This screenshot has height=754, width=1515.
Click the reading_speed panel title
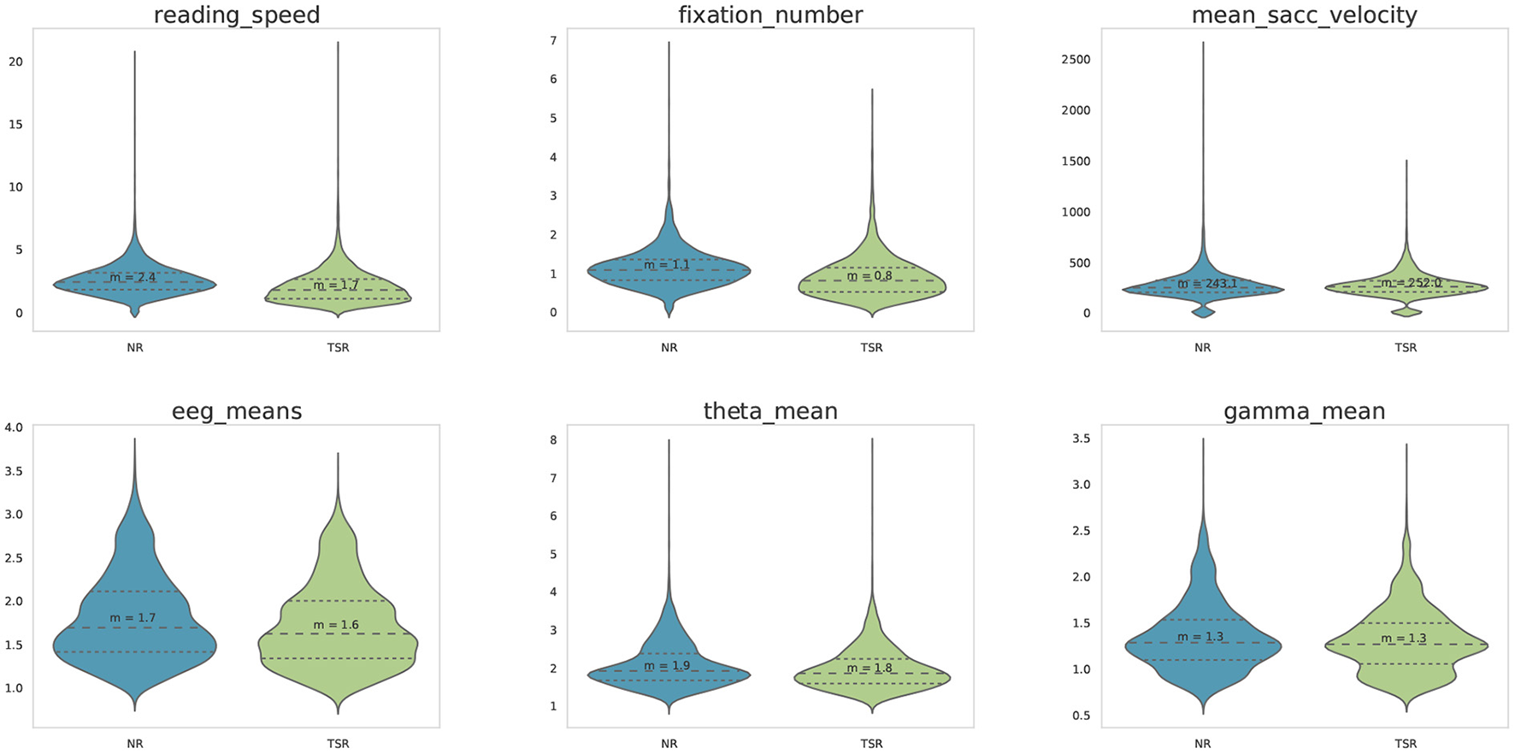237,15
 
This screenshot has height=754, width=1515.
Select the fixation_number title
770,15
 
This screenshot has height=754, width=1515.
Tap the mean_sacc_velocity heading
1304,15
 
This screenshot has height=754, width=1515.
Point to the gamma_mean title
1304,412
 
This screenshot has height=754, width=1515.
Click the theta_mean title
770,412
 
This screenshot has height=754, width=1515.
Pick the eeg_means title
237,412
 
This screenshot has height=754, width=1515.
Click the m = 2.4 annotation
133,278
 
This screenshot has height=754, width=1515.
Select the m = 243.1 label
1206,284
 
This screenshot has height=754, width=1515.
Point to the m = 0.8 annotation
870,276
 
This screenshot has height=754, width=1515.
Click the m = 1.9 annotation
667,666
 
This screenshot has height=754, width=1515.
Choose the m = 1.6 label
336,625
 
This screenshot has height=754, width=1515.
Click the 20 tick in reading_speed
15,62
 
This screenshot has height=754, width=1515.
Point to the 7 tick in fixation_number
553,40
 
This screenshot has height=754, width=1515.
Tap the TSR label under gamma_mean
1406,744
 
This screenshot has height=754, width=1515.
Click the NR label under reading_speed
134,348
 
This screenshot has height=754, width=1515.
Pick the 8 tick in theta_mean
553,440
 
